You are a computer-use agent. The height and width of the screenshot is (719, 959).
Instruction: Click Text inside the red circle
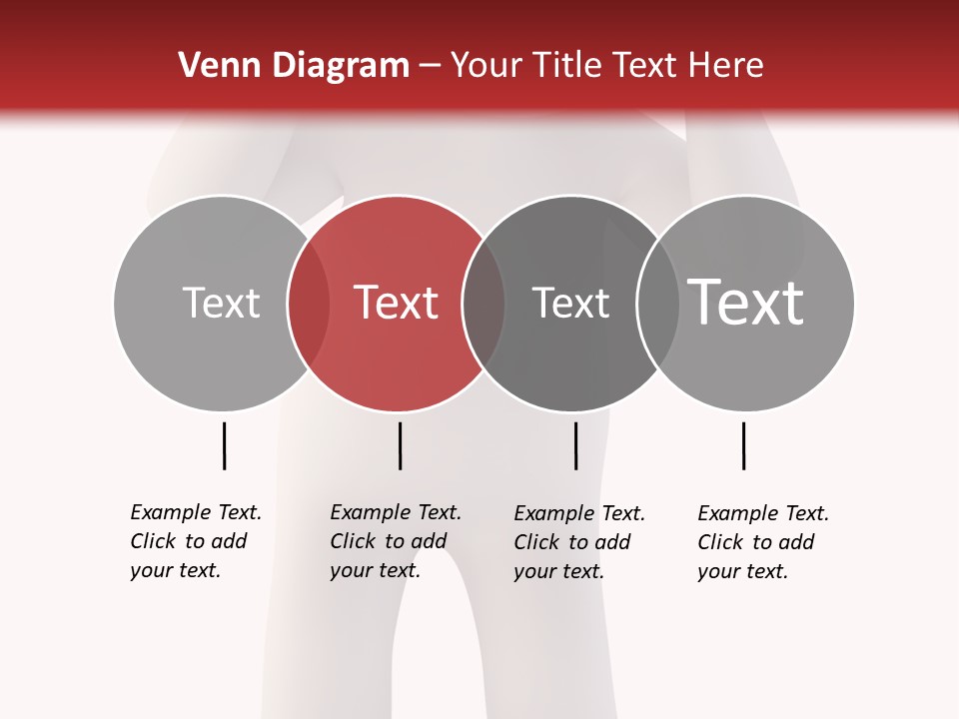[396, 303]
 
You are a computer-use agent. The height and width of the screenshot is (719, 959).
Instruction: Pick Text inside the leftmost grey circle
[221, 303]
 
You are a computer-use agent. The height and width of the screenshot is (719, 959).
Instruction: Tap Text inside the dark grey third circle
[570, 303]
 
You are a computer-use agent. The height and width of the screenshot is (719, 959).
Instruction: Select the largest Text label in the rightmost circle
[746, 303]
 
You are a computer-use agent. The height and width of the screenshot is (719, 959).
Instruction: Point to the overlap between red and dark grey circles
[483, 304]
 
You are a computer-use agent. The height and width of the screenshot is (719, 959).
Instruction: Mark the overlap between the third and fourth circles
[658, 304]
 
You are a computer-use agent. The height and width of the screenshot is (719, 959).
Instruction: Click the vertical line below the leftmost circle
[224, 445]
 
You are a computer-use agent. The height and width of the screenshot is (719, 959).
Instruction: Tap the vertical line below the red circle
[400, 445]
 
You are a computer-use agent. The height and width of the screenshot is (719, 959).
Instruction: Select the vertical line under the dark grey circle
[575, 445]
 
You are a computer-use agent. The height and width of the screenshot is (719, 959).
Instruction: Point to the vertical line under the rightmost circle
[743, 445]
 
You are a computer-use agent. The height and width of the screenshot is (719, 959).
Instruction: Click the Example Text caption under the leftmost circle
[195, 541]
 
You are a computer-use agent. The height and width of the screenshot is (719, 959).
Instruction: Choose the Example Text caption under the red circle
[395, 541]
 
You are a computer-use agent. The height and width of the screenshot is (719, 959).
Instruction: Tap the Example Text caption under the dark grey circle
[578, 542]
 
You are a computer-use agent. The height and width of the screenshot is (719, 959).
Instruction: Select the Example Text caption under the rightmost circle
[762, 542]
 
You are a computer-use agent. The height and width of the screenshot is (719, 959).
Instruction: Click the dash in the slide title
[430, 67]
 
